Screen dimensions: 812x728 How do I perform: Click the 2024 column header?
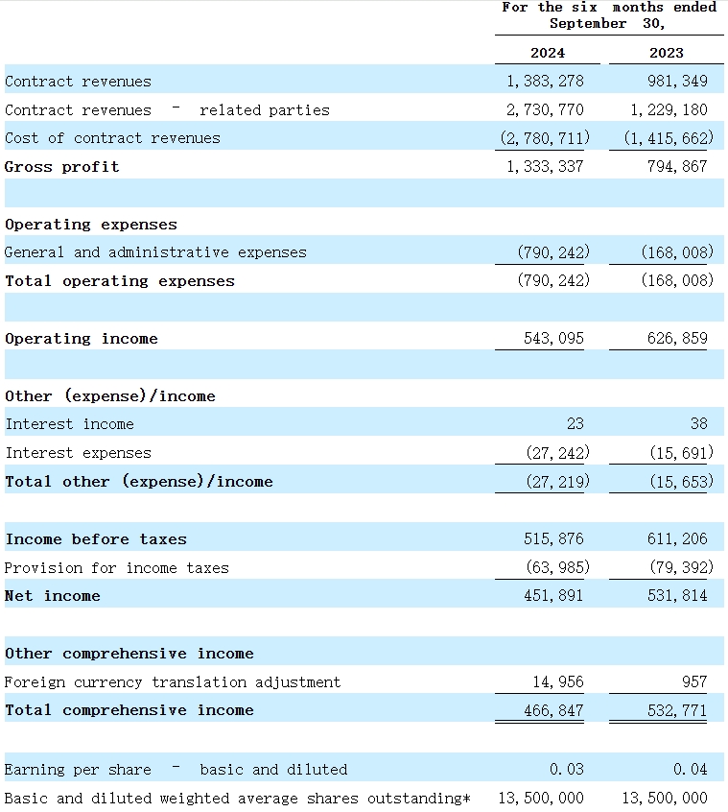547,53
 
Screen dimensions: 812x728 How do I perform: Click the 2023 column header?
667,53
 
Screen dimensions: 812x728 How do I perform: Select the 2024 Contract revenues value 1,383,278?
545,82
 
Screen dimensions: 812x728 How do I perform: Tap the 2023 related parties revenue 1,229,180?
669,110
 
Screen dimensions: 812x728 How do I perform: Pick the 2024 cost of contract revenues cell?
545,138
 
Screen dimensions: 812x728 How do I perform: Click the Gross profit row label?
62,167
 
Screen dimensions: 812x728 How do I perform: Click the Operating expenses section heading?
91,225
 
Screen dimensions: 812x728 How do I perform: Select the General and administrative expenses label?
155,252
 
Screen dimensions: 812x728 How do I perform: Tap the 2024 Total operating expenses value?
552,281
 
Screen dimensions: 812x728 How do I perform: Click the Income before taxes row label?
96,539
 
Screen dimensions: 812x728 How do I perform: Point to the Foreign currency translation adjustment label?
173,682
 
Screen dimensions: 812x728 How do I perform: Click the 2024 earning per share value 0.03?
566,770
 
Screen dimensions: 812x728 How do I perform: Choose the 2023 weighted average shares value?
665,799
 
